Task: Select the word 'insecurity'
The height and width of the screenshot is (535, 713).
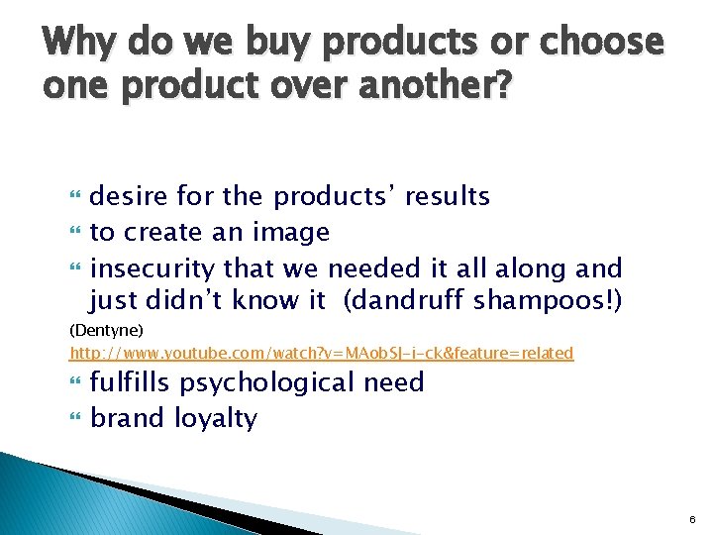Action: point(153,268)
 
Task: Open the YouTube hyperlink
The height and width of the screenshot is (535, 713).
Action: point(321,353)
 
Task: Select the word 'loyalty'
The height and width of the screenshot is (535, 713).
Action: point(215,419)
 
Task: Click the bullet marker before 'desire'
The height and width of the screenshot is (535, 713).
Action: point(75,198)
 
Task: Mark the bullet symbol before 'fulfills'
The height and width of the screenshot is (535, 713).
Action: point(75,383)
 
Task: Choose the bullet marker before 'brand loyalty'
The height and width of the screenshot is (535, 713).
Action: point(75,419)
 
